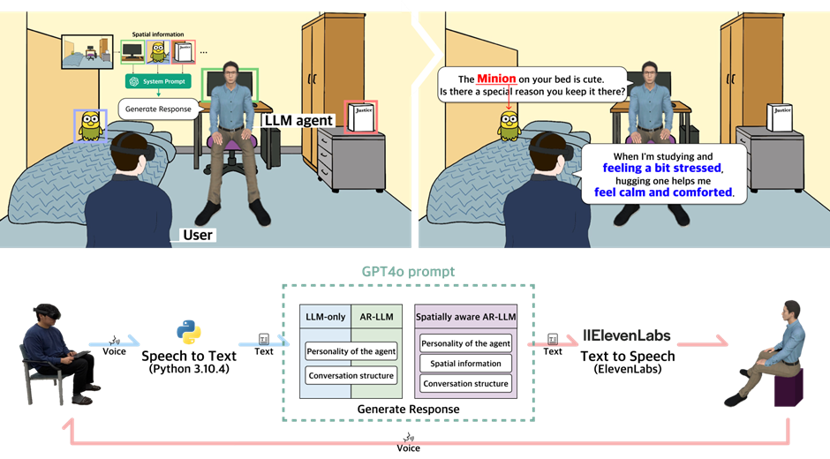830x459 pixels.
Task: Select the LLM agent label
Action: [x=298, y=120]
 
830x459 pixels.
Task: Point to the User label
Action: [x=198, y=235]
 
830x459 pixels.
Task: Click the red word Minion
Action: [x=496, y=79]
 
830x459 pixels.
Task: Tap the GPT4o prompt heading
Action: [x=409, y=272]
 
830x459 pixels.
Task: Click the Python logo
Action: [x=188, y=333]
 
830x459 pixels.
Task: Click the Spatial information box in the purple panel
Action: [x=465, y=364]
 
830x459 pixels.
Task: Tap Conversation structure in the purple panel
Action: [x=465, y=383]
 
